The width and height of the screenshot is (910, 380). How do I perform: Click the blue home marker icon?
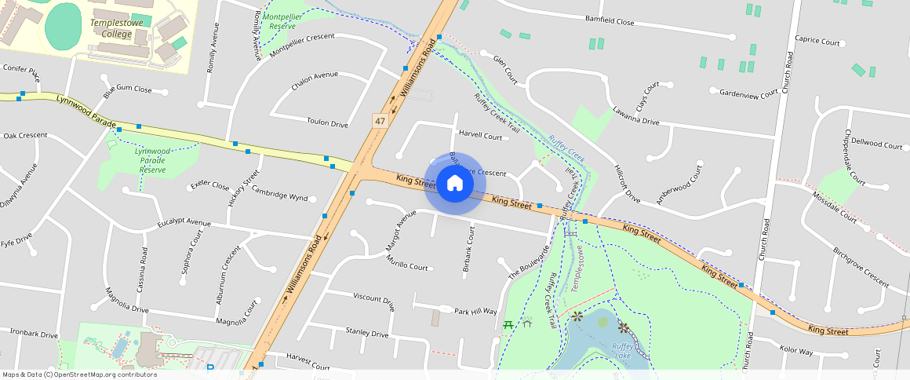pos(454,184)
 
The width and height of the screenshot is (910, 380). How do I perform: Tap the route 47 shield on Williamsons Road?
pos(380,121)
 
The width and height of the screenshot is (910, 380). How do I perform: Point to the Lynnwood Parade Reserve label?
pos(153,159)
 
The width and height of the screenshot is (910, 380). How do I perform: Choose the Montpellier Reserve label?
pos(282,21)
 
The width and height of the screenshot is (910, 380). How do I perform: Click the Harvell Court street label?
pos(480,136)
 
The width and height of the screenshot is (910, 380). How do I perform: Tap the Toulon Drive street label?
pos(327,123)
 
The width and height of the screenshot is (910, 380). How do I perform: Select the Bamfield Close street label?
pos(609,21)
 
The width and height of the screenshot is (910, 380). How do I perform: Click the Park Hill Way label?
pos(475,311)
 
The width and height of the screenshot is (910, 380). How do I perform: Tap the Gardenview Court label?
pos(748,93)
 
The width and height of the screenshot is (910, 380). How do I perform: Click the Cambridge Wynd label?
pos(279,196)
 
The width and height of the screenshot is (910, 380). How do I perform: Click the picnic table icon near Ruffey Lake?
pos(508,323)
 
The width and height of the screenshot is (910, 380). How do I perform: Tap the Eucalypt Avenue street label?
pos(184,224)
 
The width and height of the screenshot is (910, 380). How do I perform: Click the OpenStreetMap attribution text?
pos(79,375)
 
